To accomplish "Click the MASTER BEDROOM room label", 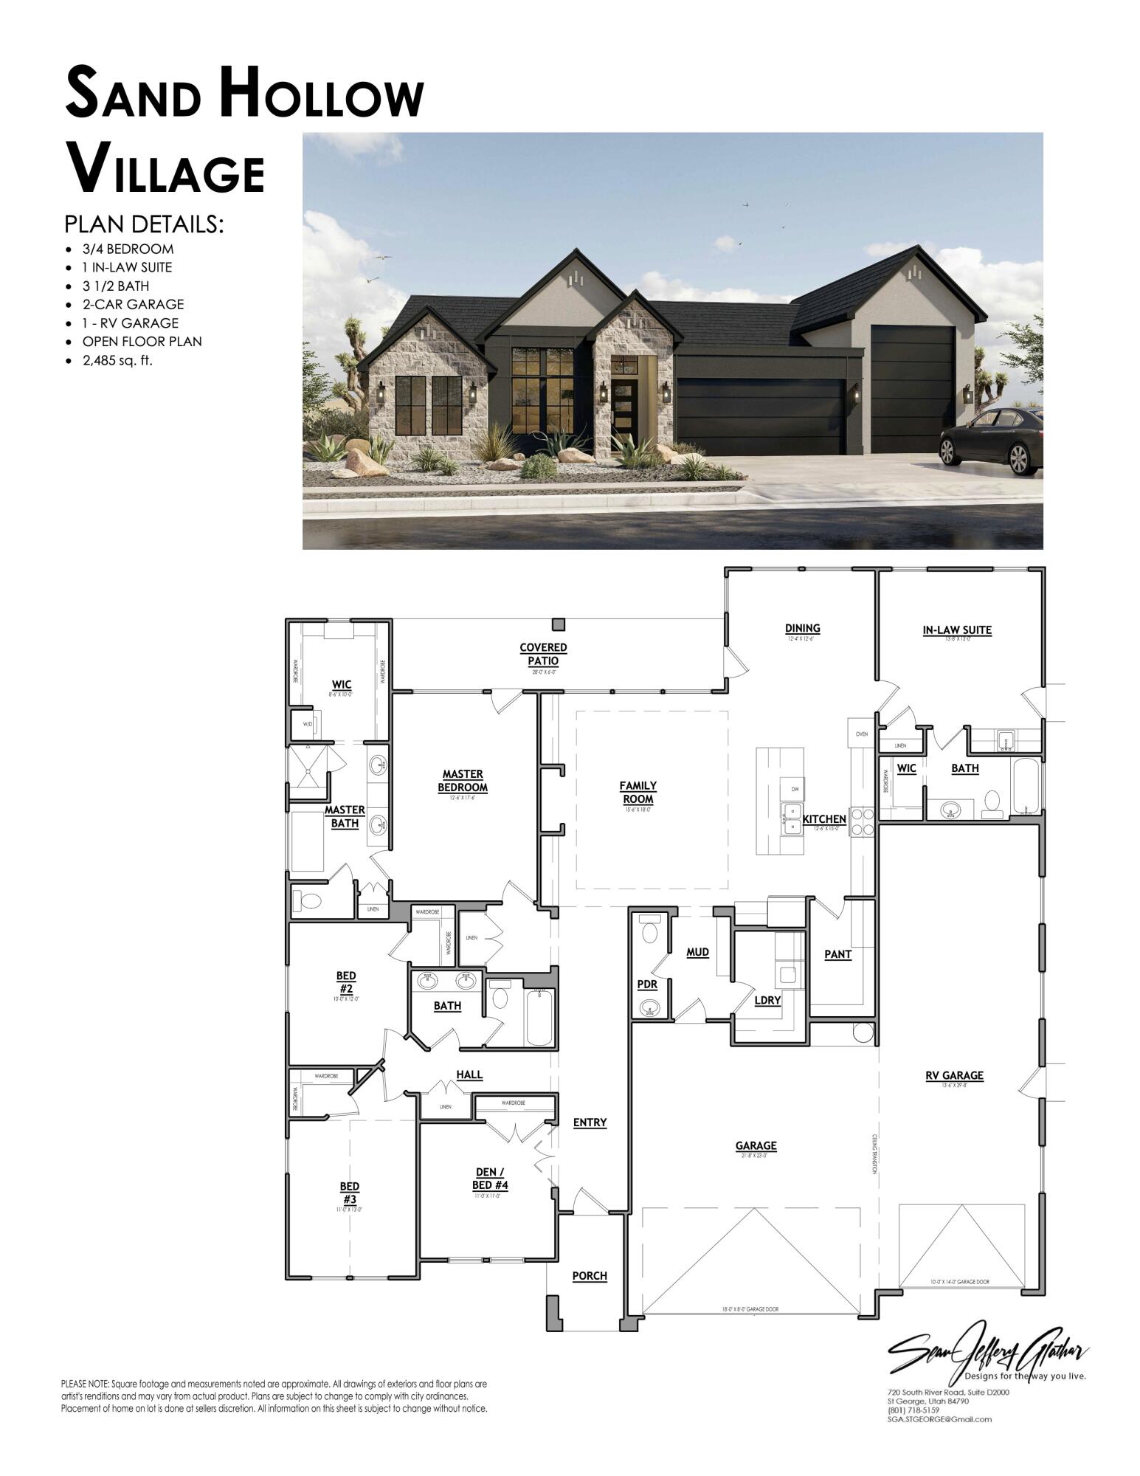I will (463, 781).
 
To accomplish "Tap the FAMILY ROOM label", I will (638, 792).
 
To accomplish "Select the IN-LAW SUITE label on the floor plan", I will (956, 630).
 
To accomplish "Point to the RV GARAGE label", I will (954, 1075).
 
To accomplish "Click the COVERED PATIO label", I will (543, 653).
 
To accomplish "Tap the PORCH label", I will (590, 1275).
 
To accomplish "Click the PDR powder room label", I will (647, 984).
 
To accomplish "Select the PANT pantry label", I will (837, 954).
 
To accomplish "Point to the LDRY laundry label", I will (767, 1000).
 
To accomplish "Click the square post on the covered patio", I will (559, 624).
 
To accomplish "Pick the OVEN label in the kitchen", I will (861, 734).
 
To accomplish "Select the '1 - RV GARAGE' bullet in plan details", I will (130, 323).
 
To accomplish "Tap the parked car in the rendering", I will (991, 440).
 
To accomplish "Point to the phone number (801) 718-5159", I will (913, 1410).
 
